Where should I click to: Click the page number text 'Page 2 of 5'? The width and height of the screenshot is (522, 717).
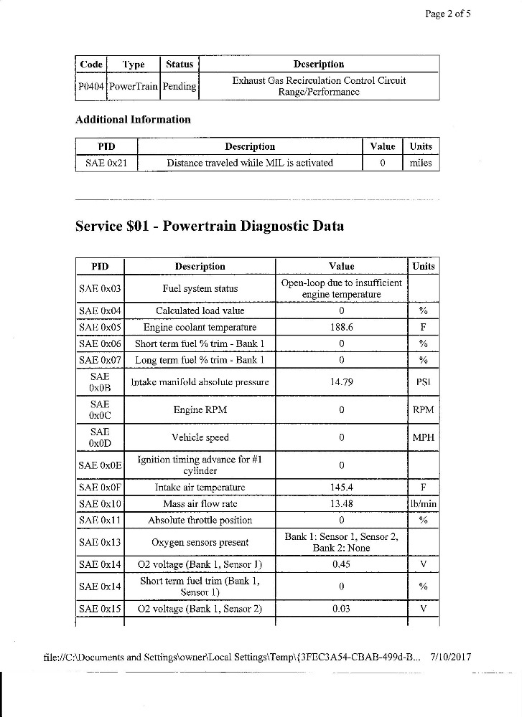pos(448,14)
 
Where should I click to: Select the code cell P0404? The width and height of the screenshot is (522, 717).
pos(90,86)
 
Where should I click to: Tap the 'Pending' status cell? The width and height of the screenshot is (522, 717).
pos(179,86)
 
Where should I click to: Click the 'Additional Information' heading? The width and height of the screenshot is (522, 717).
pos(133,120)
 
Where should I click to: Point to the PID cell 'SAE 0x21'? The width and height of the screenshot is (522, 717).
pos(106,163)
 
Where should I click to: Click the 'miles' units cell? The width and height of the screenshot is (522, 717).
pos(421,163)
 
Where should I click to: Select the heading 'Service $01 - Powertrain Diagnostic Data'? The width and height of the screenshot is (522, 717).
pos(209,227)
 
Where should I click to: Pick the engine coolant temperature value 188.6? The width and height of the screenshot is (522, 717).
pos(341,327)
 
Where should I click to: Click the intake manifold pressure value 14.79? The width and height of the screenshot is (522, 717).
pos(341,382)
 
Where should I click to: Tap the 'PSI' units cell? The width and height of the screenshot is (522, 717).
pos(423,382)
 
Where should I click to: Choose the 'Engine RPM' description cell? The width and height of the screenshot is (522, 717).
pos(200,410)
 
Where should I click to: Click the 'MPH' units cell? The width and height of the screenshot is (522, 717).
pos(423,437)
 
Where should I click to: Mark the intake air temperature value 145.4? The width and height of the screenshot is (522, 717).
pos(341,488)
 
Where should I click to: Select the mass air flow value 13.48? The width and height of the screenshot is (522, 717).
pos(341,503)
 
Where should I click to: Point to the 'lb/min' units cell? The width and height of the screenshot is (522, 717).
pos(423,503)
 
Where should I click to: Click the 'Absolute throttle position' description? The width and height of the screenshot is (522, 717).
pos(200,520)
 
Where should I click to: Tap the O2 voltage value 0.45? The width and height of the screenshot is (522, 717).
pos(341,564)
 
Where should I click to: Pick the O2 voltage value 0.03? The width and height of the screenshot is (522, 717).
pos(341,609)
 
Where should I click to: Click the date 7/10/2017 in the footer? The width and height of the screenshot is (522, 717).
pos(451,657)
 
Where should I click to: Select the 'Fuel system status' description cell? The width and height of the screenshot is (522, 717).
pos(200,289)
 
